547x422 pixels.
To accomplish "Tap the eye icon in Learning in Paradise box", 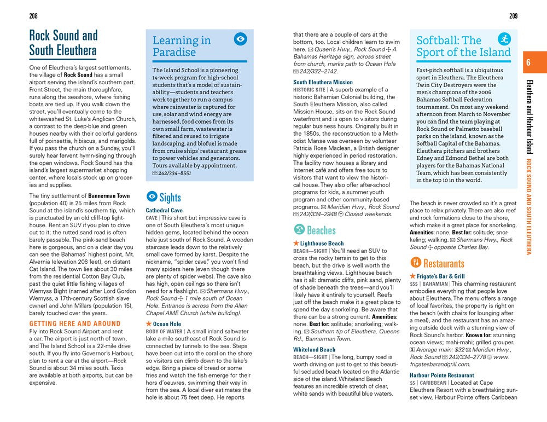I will [x=240, y=39].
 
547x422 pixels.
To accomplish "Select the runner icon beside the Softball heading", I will [x=504, y=39].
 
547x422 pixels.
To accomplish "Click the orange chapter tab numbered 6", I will [x=528, y=62].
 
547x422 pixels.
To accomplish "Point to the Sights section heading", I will [x=170, y=197].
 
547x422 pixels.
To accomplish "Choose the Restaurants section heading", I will [x=444, y=262].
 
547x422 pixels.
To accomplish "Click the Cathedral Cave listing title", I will [x=164, y=210].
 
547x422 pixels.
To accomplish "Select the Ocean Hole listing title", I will [x=167, y=324].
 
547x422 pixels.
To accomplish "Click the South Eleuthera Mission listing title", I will [x=323, y=82].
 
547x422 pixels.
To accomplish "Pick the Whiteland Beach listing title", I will [x=314, y=349].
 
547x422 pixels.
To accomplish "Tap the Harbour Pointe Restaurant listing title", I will [x=441, y=375].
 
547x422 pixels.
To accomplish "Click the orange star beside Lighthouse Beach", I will [x=296, y=243].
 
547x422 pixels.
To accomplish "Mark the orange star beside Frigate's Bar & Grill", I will [x=412, y=276].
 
